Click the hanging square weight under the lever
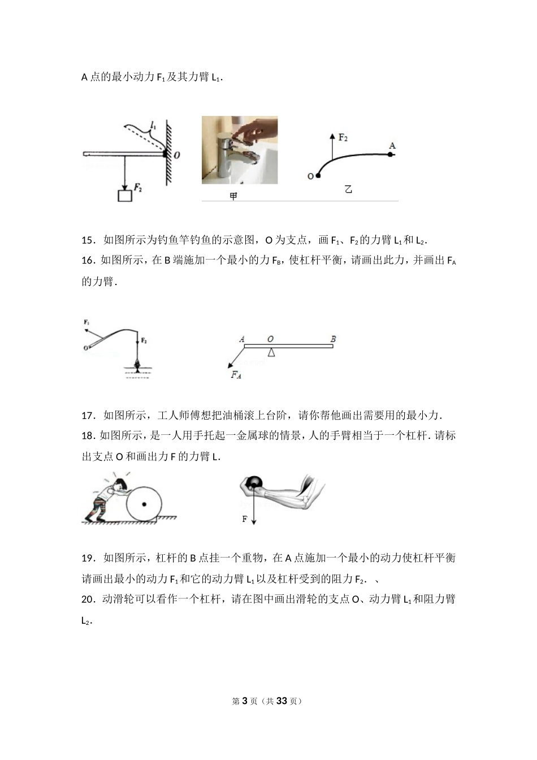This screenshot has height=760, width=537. (124, 196)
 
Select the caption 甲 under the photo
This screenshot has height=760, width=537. (233, 196)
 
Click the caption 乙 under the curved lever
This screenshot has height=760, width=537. (349, 189)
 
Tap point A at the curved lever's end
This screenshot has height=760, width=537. (392, 146)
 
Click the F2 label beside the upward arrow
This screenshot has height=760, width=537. (343, 138)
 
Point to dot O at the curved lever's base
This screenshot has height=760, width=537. (318, 176)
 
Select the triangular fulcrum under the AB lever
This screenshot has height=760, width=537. (272, 352)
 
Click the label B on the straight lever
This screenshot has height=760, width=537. (333, 339)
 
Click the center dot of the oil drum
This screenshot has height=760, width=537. (144, 503)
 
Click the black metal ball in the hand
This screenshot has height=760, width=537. (254, 482)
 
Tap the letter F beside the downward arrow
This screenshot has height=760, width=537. (245, 519)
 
